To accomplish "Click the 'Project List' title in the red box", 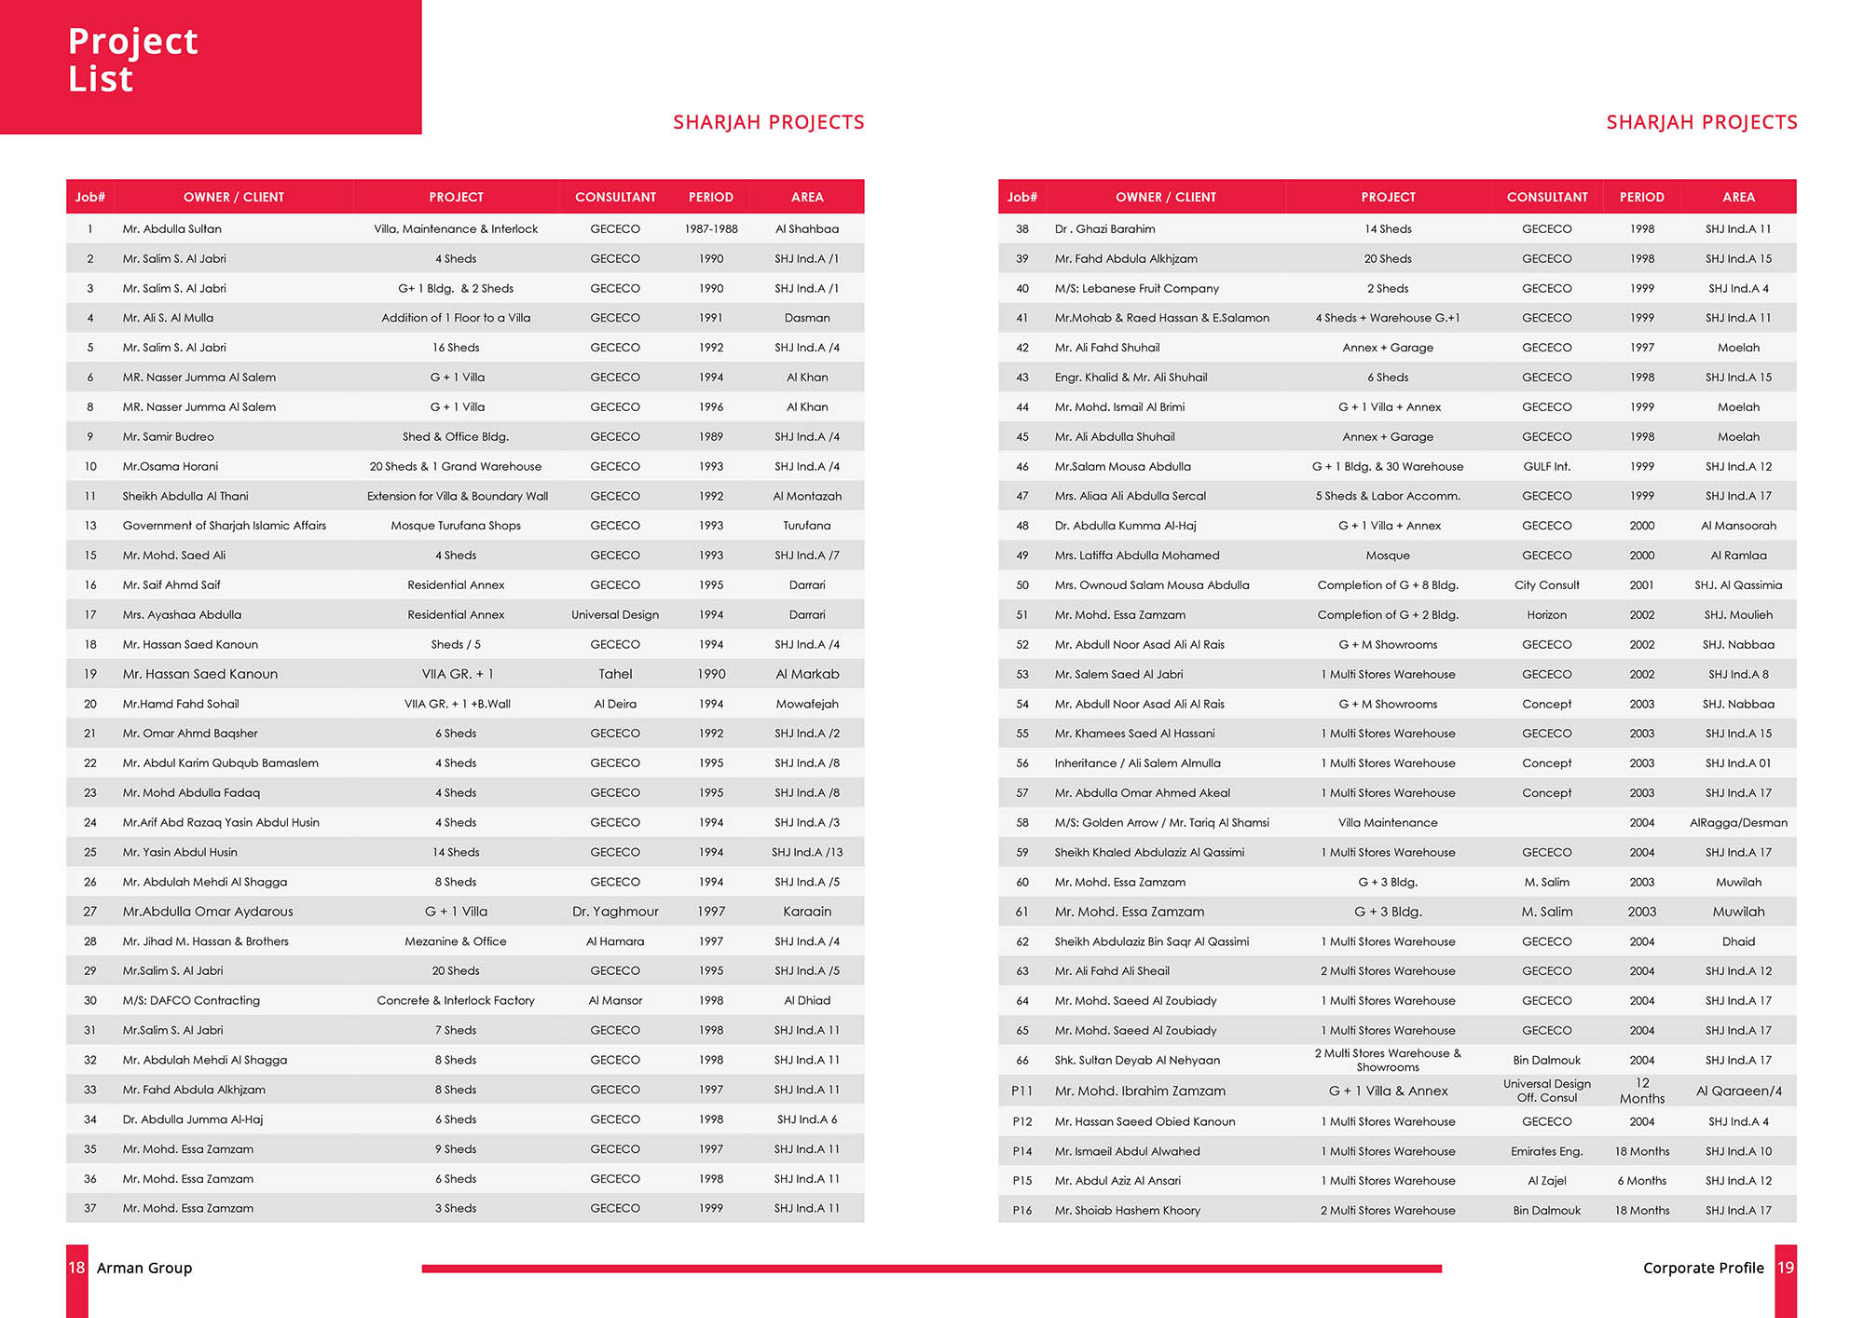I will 133,60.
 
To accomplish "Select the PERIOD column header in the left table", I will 710,198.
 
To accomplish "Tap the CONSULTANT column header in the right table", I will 1547,198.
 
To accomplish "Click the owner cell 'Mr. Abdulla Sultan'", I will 172,229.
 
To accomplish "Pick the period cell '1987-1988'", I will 711,229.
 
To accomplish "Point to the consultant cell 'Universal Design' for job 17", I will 615,615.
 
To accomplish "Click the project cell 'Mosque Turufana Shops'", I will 456,526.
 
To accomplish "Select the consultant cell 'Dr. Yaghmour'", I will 615,912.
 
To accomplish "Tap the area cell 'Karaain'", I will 807,912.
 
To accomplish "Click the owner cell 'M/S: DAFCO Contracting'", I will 191,1001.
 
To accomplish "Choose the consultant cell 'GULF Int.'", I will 1547,467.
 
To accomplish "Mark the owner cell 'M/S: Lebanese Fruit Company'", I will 1136,289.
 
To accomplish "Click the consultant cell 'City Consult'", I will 1547,585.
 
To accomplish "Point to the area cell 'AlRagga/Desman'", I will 1738,823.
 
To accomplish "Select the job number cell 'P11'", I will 1022,1091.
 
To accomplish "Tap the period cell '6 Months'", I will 1642,1181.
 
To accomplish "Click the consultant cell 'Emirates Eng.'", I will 1547,1152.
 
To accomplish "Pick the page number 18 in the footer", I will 76,1268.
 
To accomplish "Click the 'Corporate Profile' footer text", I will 1703,1268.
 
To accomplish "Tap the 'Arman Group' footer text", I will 144,1268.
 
